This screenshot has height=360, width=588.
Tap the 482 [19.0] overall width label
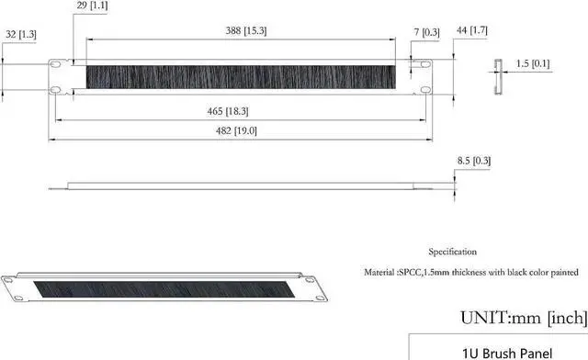point(236,130)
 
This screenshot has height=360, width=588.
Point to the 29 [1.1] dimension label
point(93,6)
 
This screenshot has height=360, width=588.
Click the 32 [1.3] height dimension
point(19,34)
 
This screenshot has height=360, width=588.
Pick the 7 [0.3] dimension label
point(426,32)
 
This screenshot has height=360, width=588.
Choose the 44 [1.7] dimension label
point(475,30)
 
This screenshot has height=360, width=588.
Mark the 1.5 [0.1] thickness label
point(533,63)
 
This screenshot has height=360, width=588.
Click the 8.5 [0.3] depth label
point(474,161)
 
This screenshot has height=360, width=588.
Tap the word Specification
point(452,251)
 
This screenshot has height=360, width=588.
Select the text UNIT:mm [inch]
point(523,318)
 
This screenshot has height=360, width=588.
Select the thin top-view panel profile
point(248,186)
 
